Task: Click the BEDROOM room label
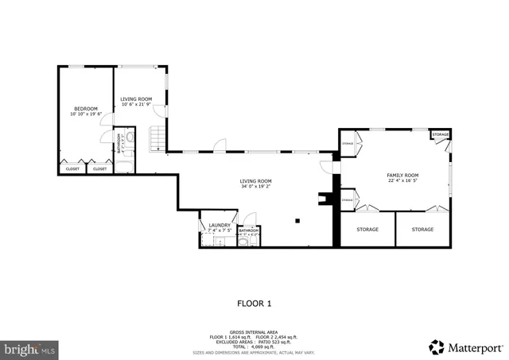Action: (x=86, y=108)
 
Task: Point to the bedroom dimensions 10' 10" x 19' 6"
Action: (x=86, y=114)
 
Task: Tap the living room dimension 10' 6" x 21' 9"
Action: (x=136, y=104)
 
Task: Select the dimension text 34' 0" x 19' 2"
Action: (x=255, y=187)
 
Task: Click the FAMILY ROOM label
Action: (x=402, y=175)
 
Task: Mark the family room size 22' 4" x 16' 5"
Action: (x=402, y=180)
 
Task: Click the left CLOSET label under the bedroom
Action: (x=72, y=168)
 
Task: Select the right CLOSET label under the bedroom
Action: (x=99, y=168)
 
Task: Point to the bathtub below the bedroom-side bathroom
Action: (x=124, y=167)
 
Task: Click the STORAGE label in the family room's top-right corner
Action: (x=441, y=135)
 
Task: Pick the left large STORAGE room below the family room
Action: (x=367, y=230)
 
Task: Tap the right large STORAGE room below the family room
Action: (x=422, y=230)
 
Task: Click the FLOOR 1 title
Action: (x=254, y=303)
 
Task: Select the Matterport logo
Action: (x=465, y=346)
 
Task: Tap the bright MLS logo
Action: (x=30, y=348)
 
